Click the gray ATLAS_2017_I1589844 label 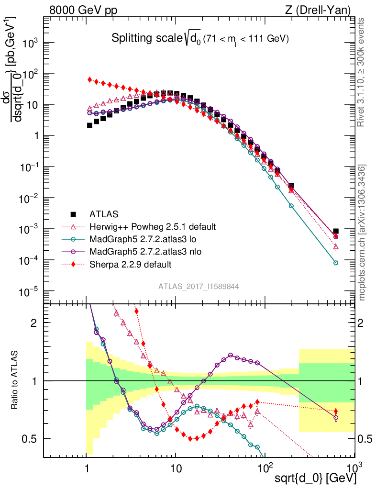click(x=199, y=286)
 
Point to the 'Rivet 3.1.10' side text click(x=363, y=72)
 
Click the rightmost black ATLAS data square click(x=336, y=231)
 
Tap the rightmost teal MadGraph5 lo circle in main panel click(x=336, y=263)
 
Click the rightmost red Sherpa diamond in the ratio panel click(x=336, y=411)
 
